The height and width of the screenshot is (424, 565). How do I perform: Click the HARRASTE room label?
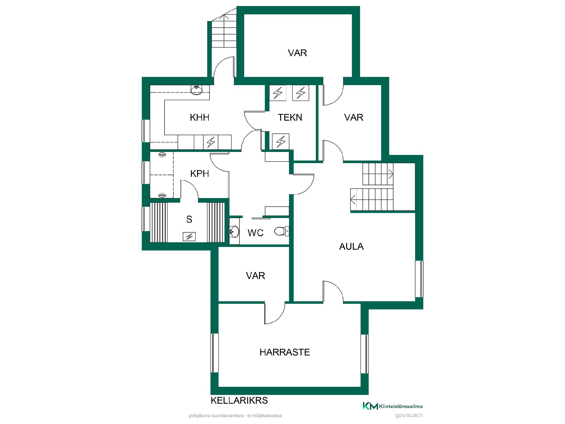click(x=285, y=352)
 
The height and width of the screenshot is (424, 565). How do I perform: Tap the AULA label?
click(x=351, y=246)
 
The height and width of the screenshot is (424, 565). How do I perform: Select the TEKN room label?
click(x=290, y=117)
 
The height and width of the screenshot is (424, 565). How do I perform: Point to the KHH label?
click(x=200, y=117)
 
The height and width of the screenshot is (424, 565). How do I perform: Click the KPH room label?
click(x=200, y=174)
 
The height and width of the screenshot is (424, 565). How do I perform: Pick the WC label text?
click(x=255, y=233)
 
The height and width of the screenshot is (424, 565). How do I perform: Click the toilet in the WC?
click(x=281, y=231)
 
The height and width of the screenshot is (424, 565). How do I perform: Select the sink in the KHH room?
click(x=196, y=90)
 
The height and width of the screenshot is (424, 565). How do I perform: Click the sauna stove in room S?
click(x=189, y=236)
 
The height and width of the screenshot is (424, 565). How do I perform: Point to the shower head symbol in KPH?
click(x=162, y=155)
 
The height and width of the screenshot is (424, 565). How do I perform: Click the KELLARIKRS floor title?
click(x=239, y=400)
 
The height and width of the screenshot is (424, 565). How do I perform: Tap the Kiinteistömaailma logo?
click(x=392, y=406)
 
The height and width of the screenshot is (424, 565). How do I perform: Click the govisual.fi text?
click(x=409, y=415)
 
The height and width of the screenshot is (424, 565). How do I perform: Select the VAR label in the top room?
click(x=297, y=53)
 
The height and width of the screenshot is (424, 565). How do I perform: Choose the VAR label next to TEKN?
click(x=353, y=117)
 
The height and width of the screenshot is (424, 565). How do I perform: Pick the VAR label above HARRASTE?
click(x=255, y=276)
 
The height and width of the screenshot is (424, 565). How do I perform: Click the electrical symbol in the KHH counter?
click(x=211, y=142)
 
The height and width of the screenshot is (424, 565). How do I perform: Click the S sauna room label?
click(x=189, y=219)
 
